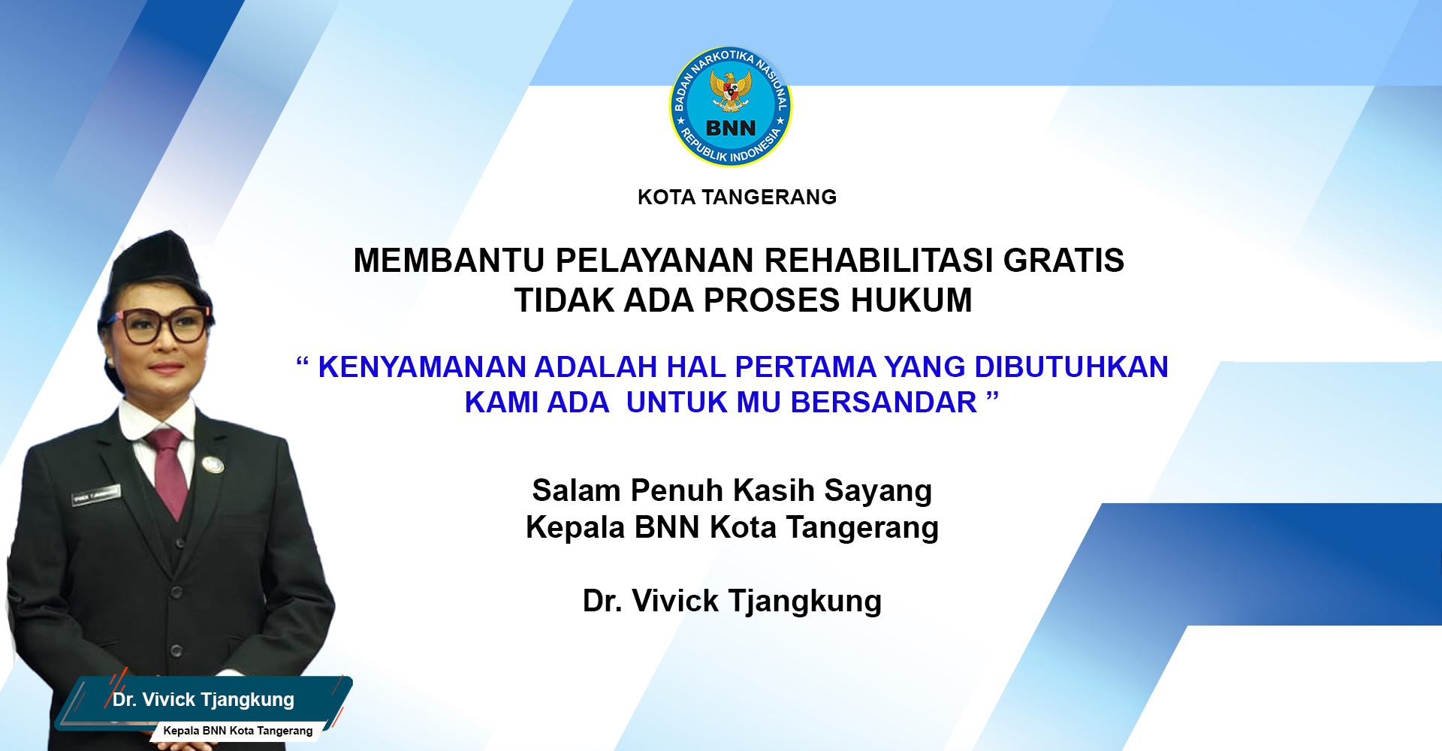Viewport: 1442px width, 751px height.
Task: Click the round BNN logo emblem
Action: point(730,107)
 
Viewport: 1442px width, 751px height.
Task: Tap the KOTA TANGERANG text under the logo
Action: point(737,198)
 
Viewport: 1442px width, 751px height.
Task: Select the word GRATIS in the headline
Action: point(1063,261)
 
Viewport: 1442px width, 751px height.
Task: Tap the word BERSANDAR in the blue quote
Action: point(883,403)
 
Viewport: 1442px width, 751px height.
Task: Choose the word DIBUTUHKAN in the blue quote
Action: point(1071,367)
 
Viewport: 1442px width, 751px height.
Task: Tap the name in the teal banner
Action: point(204,700)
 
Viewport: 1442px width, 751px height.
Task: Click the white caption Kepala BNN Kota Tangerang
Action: point(238,731)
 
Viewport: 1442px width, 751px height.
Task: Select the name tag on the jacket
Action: point(95,495)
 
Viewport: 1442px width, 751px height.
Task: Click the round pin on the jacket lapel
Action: point(213,465)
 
